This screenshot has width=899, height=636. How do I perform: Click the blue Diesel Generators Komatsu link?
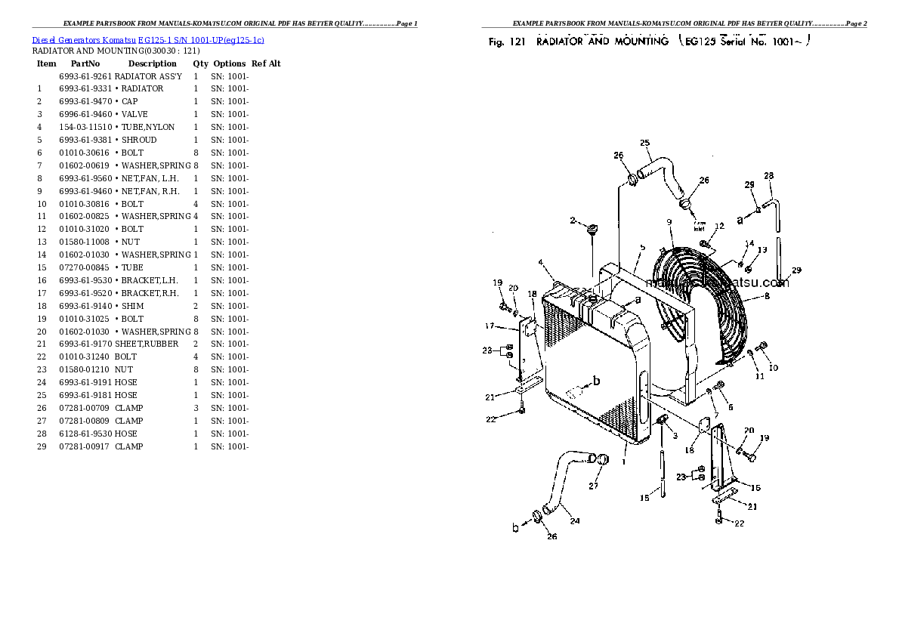[148, 39]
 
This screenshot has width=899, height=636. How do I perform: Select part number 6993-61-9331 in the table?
[85, 88]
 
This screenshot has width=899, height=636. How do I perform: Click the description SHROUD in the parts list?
[139, 140]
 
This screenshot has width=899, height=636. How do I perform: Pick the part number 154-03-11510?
[85, 127]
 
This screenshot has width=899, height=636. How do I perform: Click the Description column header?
[152, 64]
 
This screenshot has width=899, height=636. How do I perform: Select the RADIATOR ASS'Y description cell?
[148, 76]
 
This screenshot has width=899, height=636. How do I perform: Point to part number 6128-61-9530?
[85, 434]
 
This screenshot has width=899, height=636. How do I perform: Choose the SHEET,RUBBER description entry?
[147, 344]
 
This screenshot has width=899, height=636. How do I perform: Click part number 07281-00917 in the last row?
[85, 446]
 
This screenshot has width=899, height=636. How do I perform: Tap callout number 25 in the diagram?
[644, 143]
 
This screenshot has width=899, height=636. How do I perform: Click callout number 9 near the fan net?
[669, 221]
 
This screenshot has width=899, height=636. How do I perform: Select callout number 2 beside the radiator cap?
[573, 221]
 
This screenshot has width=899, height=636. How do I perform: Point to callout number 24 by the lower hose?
[575, 520]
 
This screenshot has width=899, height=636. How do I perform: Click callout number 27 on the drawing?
[594, 486]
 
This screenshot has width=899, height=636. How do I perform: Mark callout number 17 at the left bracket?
[490, 326]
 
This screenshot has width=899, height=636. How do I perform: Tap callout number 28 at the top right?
[769, 176]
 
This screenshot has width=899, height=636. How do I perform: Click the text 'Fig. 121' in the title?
[506, 42]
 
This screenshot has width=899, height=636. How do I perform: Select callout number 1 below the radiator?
[625, 461]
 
